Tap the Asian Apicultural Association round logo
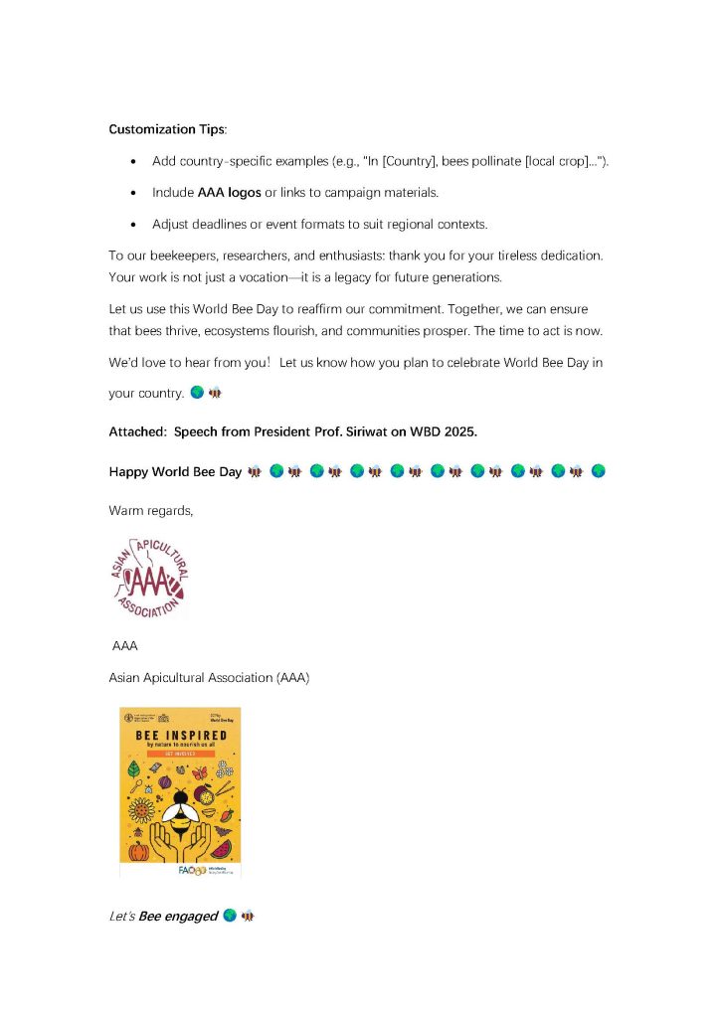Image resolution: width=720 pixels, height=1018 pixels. [x=148, y=578]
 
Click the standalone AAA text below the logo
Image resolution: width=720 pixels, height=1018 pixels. [x=125, y=646]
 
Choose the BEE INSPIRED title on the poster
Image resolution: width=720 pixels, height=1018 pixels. [x=181, y=736]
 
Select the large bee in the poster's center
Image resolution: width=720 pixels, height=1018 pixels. [x=181, y=810]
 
